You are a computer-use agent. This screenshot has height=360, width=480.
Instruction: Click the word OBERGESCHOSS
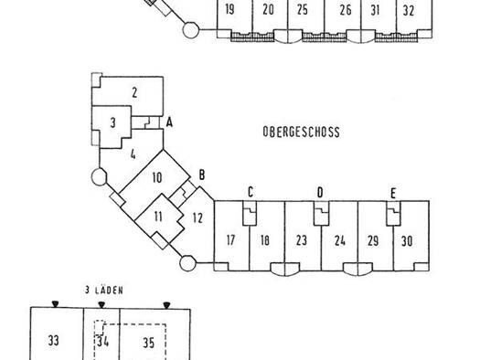pyautogui.click(x=301, y=132)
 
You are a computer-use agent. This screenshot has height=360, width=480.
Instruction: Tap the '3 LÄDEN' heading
pyautogui.click(x=104, y=290)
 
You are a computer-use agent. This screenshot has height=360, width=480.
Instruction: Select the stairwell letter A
pyautogui.click(x=169, y=122)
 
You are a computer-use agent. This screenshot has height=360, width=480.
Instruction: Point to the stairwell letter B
pyautogui.click(x=202, y=175)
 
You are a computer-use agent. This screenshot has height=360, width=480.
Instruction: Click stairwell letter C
pyautogui.click(x=251, y=193)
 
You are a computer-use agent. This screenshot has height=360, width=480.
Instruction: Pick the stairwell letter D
pyautogui.click(x=320, y=193)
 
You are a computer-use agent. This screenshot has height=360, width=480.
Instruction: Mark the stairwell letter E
pyautogui.click(x=393, y=194)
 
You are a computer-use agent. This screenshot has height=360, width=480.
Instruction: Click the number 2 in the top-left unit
pyautogui.click(x=134, y=92)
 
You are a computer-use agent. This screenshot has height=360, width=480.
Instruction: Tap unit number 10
pyautogui.click(x=157, y=177)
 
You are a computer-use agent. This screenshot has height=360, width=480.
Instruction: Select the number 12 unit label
pyautogui.click(x=197, y=218)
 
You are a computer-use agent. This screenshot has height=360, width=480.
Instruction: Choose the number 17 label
pyautogui.click(x=230, y=240)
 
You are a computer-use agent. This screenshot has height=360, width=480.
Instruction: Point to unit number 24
pyautogui.click(x=340, y=240)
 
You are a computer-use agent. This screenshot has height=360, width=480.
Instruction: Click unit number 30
pyautogui.click(x=407, y=241)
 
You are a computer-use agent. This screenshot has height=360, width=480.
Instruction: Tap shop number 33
pyautogui.click(x=53, y=341)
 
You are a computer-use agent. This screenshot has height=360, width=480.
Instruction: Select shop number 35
pyautogui.click(x=148, y=343)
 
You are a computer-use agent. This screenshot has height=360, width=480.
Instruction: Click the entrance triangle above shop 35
pyautogui.click(x=166, y=305)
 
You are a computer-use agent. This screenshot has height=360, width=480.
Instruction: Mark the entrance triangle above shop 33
pyautogui.click(x=55, y=303)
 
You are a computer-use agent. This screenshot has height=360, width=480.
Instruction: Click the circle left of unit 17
pyautogui.click(x=187, y=263)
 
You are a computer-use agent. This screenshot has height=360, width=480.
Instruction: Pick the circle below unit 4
pyautogui.click(x=99, y=176)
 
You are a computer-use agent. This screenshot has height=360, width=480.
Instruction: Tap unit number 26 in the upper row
pyautogui.click(x=346, y=10)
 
